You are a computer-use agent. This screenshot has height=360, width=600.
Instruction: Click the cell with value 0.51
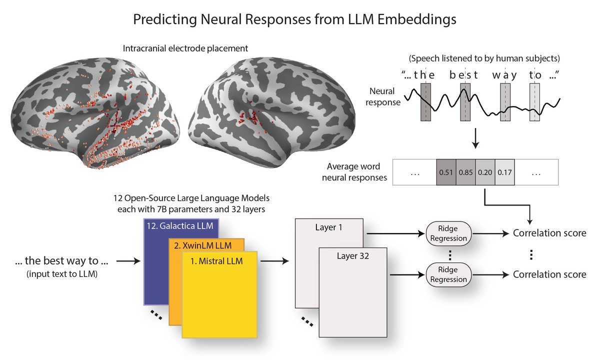(446, 172)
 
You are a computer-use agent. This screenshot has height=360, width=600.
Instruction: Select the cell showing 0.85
(465, 172)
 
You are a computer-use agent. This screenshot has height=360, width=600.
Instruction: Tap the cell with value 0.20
(485, 172)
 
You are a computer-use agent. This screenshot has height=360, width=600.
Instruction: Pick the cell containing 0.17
(504, 172)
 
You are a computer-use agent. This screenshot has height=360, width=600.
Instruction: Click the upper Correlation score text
(549, 233)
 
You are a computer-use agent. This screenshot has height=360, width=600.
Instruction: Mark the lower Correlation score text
(549, 274)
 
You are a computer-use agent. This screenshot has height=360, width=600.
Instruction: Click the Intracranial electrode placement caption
(185, 48)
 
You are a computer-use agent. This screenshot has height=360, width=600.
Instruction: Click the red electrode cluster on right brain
(250, 117)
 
